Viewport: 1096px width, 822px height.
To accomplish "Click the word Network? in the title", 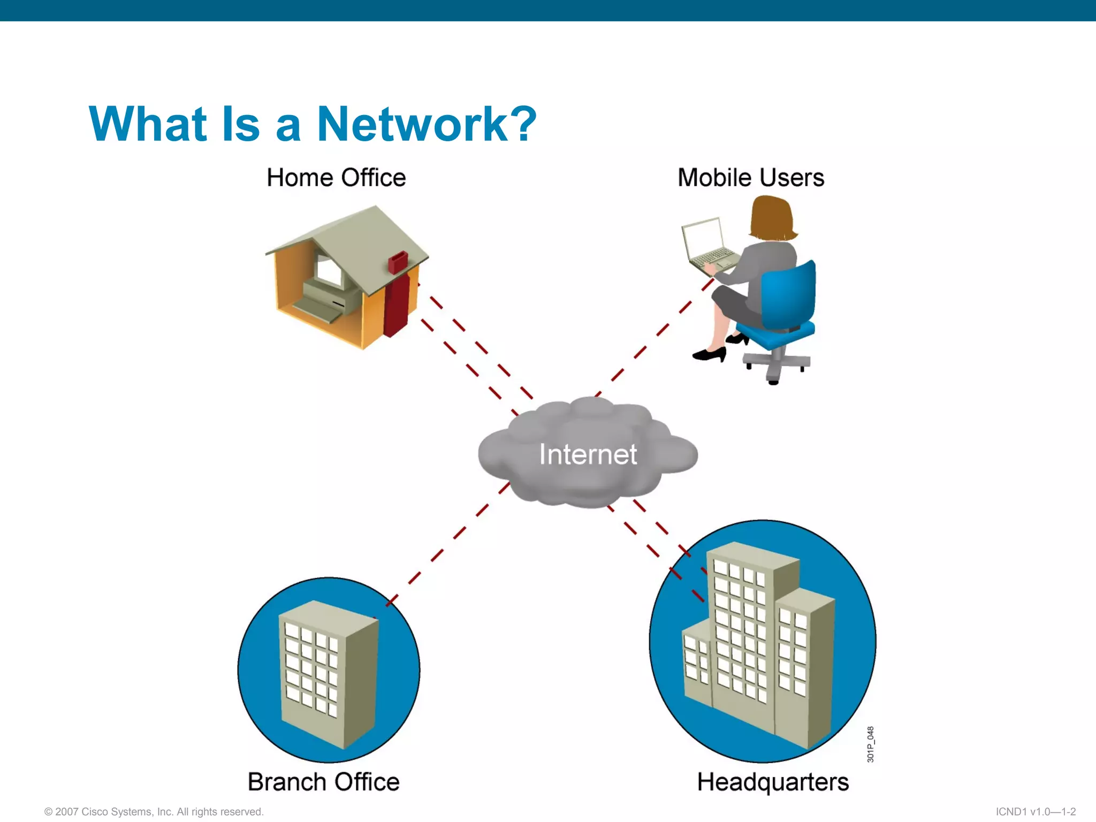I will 427,124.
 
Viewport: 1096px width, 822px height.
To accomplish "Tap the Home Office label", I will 336,178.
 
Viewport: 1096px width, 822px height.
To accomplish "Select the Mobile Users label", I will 751,178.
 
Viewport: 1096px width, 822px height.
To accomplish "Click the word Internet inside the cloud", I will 588,454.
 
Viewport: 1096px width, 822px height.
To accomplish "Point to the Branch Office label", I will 323,782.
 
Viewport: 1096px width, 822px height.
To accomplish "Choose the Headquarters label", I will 773,782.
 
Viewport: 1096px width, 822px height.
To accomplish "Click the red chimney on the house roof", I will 398,262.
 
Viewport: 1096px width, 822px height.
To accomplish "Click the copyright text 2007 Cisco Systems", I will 154,812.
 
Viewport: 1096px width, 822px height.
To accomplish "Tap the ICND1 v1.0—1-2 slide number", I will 1036,812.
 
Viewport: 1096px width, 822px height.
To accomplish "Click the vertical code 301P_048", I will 870,744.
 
